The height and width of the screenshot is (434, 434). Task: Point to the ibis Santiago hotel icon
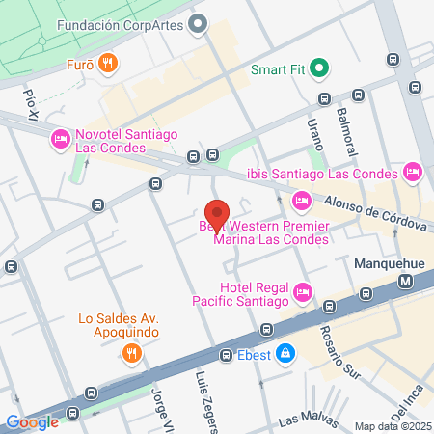pyautogui.click(x=413, y=173)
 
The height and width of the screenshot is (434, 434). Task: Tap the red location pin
pyautogui.click(x=217, y=213)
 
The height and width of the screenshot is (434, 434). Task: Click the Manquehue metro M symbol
pyautogui.click(x=405, y=281)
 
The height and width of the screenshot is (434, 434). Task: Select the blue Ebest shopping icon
pyautogui.click(x=285, y=354)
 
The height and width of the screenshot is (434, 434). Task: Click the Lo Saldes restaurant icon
pyautogui.click(x=131, y=353)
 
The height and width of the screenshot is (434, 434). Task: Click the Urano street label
pyautogui.click(x=312, y=130)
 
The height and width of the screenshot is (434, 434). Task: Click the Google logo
pyautogui.click(x=32, y=421)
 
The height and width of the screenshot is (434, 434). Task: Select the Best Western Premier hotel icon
pyautogui.click(x=301, y=201)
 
